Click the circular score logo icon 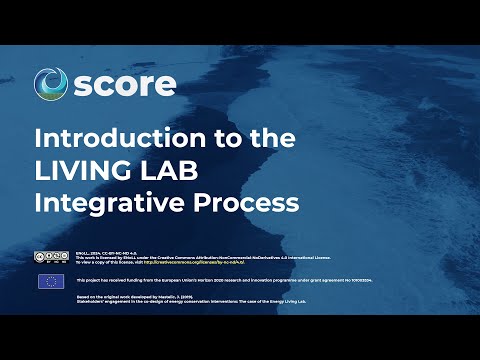point(51,84)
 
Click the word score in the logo point(125,84)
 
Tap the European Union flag point(51,281)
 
